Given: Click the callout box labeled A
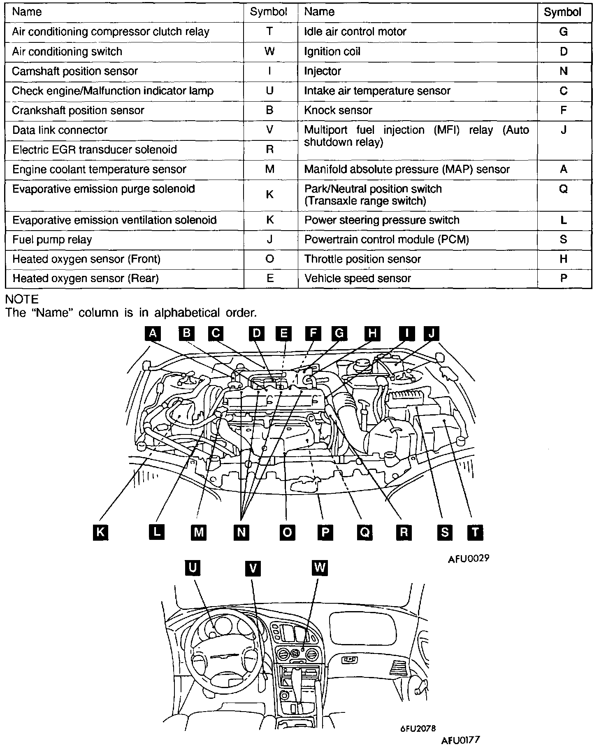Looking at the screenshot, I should tap(153, 333).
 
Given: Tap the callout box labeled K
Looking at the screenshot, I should tap(100, 532).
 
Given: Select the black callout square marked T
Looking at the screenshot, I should tap(475, 532).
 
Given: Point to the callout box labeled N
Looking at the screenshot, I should tap(241, 532).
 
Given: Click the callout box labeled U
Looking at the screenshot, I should tap(193, 568).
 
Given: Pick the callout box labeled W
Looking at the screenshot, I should tap(319, 568).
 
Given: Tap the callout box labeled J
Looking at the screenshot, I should tap(432, 333).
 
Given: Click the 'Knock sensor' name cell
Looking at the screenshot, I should tap(417, 110).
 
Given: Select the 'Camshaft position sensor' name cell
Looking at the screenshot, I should tap(124, 71).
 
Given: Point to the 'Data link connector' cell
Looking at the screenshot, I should tap(124, 130).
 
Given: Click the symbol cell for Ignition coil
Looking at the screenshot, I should tap(564, 51).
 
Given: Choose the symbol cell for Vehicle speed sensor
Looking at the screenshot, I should tap(564, 278).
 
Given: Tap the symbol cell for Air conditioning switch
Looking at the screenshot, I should tap(270, 51).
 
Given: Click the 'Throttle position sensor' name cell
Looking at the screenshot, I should tap(417, 259).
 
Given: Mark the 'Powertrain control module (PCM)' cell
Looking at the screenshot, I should tap(417, 240).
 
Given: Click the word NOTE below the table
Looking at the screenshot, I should tap(22, 299).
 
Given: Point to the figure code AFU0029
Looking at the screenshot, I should tap(469, 559).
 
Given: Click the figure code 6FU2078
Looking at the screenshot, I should tap(418, 728).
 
